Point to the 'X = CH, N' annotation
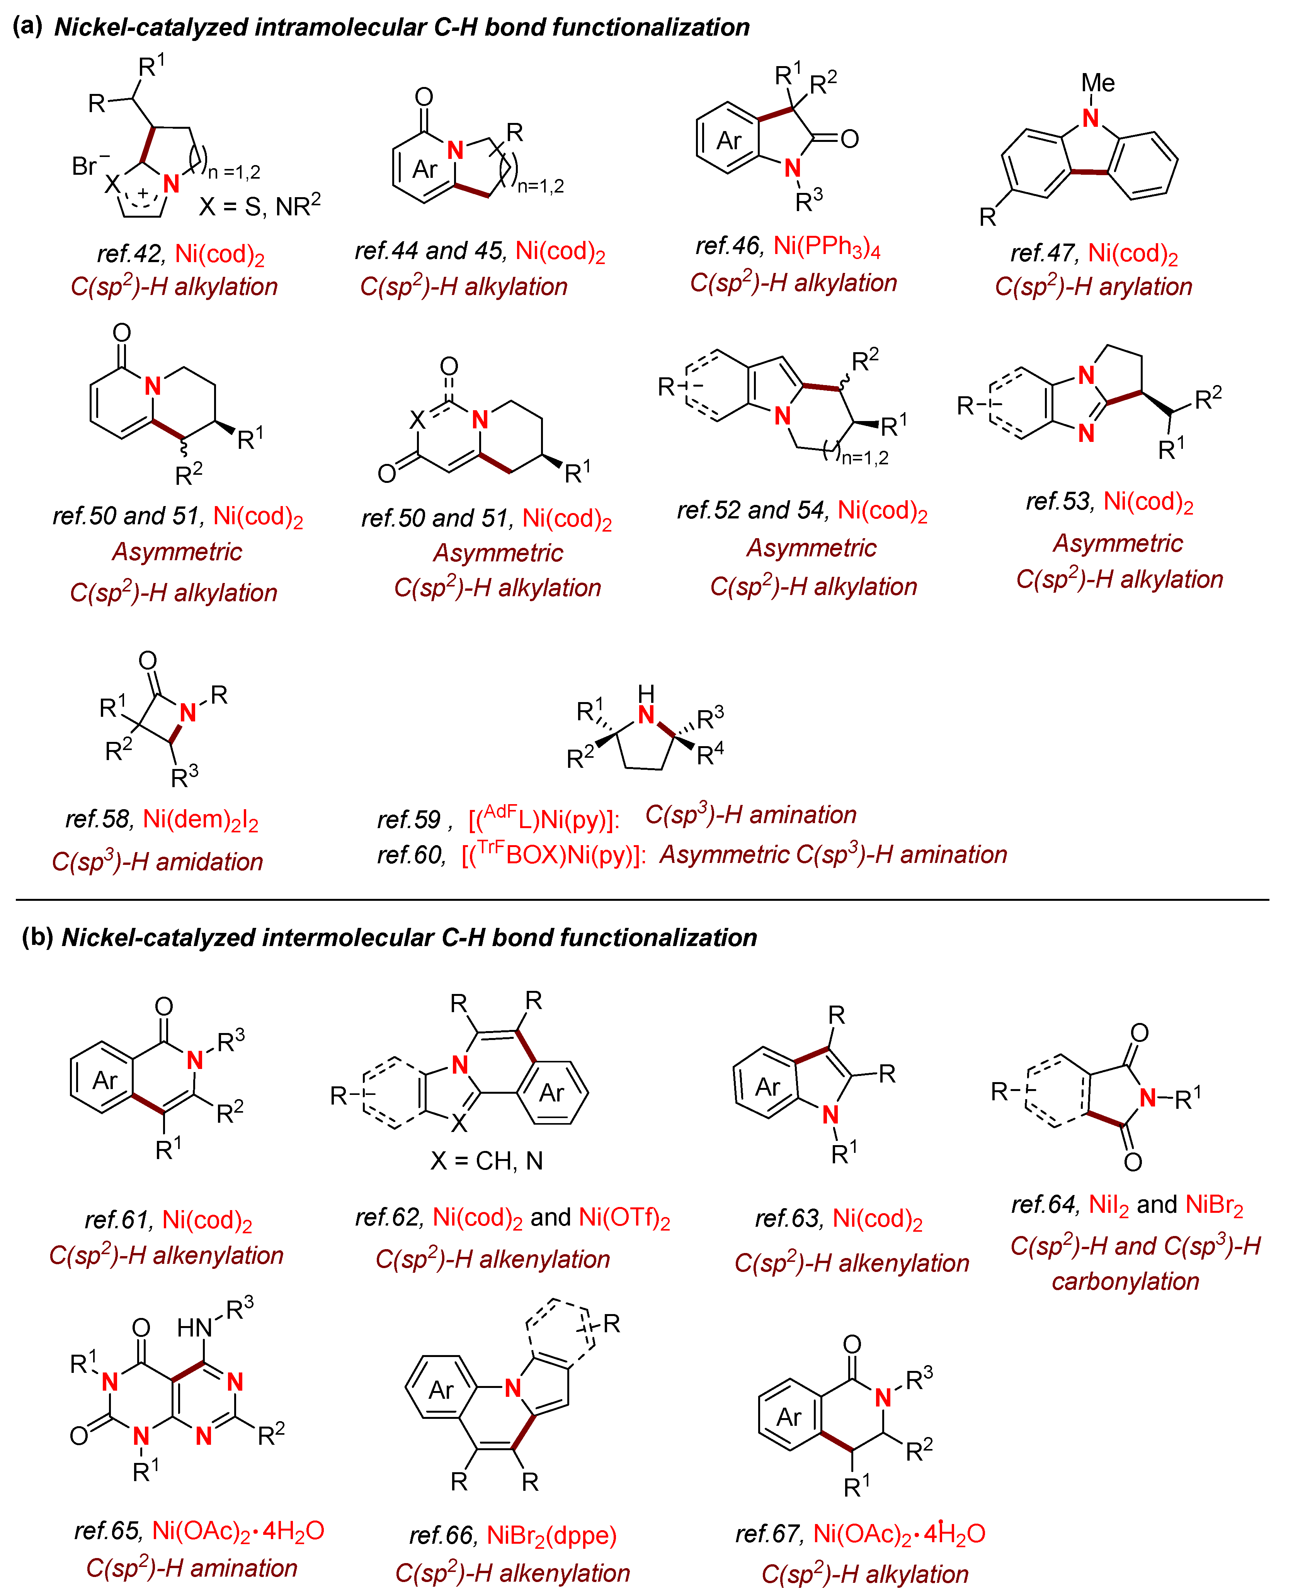(487, 1160)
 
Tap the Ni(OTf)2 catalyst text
(624, 1218)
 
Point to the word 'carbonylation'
(1125, 1280)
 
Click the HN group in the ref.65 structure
(195, 1327)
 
